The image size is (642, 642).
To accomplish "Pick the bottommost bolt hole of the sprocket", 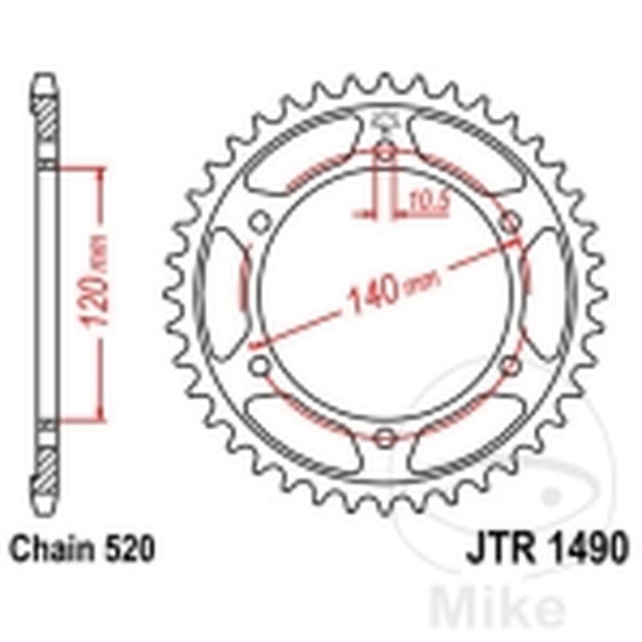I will pos(385,437).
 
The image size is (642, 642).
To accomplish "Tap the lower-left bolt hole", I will pos(260,366).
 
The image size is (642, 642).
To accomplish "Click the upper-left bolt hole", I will pos(260,221).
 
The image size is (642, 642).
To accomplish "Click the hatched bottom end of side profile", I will pos(46,473).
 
